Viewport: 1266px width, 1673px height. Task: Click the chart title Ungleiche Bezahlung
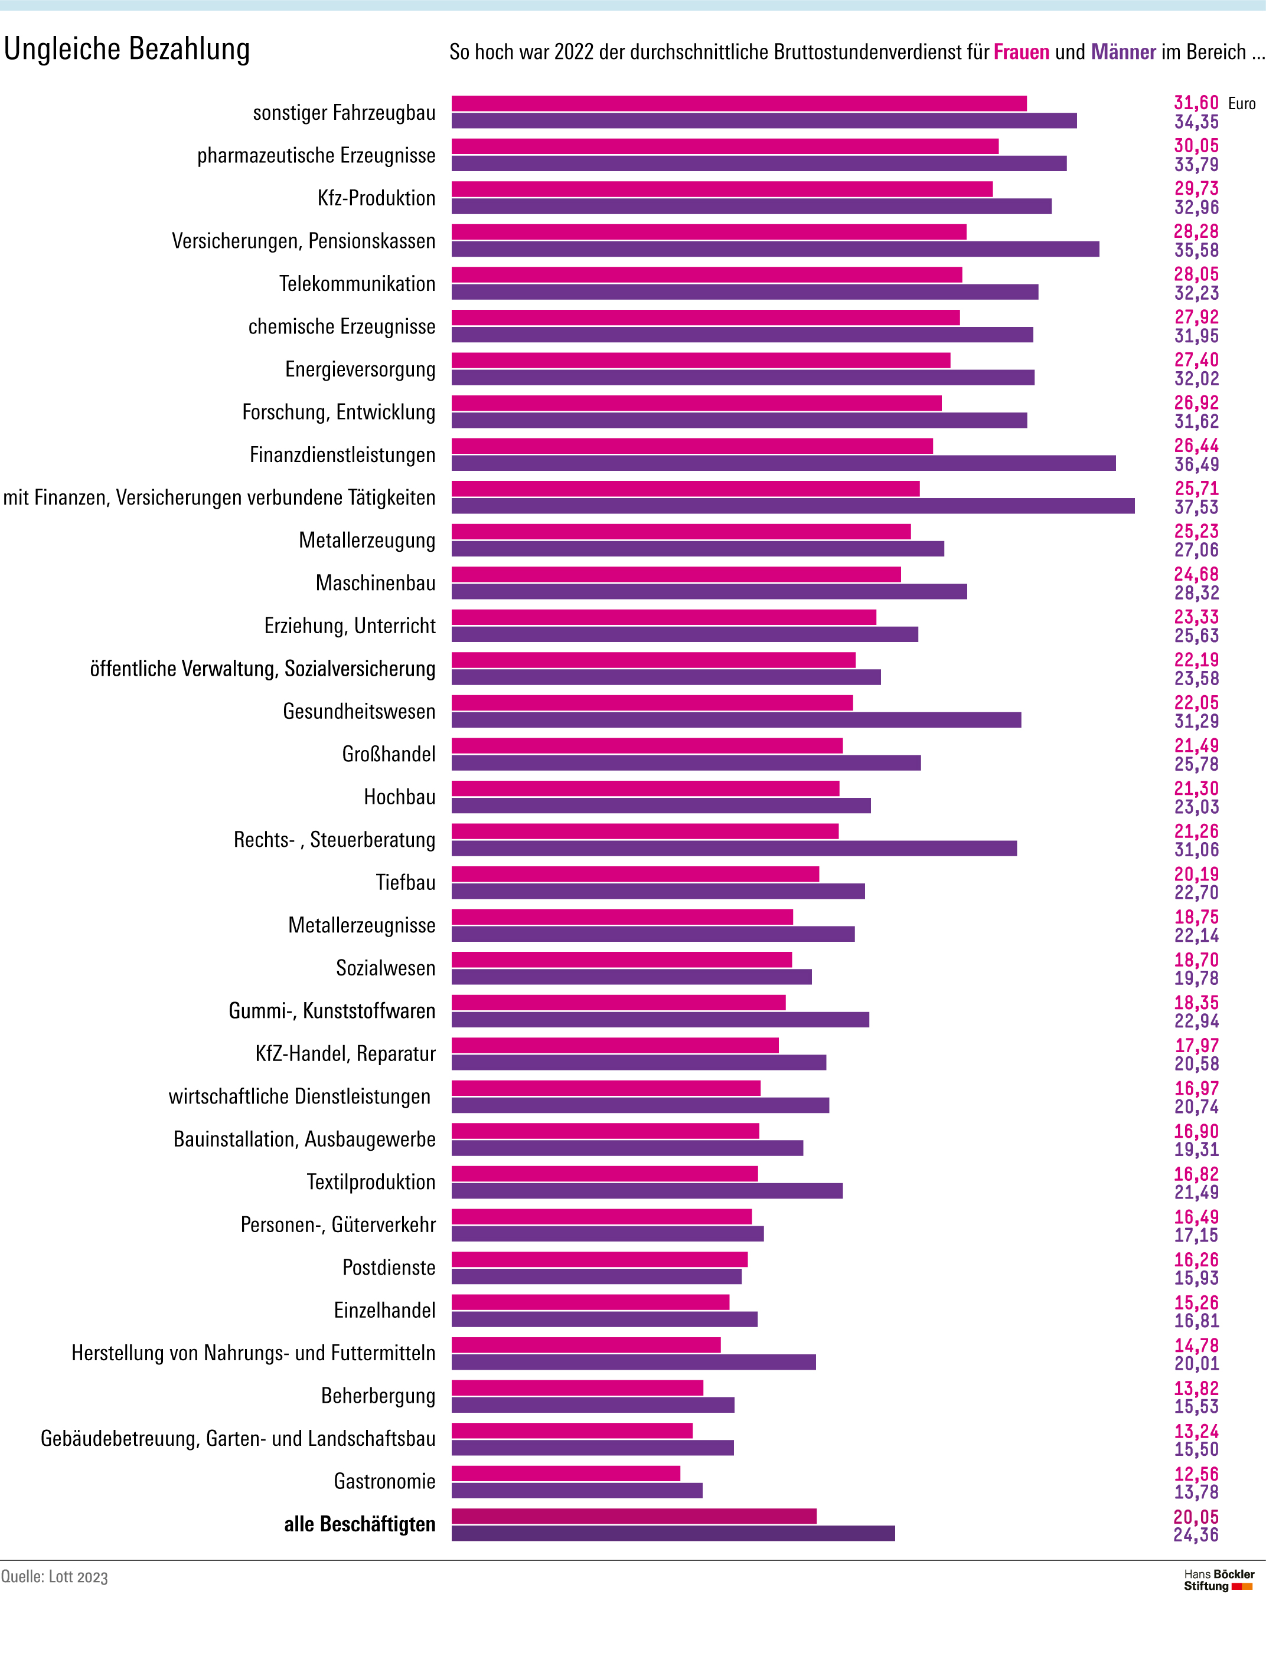[126, 49]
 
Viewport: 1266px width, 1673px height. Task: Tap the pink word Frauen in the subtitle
[1021, 52]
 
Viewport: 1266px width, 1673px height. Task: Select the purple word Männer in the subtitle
[1123, 52]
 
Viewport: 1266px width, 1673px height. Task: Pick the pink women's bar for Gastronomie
[566, 1474]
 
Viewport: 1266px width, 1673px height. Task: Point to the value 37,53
[1196, 508]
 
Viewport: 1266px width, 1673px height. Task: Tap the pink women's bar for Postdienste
[599, 1259]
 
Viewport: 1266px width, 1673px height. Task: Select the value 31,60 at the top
[1196, 103]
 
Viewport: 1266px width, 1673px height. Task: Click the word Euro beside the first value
[1242, 104]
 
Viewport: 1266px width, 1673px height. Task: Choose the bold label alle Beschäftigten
[360, 1524]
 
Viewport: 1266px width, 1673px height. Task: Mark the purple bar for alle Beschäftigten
[673, 1533]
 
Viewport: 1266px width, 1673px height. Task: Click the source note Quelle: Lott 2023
[54, 1577]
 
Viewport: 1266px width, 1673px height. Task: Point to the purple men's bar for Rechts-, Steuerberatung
[734, 849]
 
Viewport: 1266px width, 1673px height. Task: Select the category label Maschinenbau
[376, 583]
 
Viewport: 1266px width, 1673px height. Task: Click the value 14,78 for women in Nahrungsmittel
[1196, 1345]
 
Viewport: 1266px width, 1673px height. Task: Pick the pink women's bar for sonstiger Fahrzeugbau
[739, 104]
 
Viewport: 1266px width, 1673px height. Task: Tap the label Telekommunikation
[357, 284]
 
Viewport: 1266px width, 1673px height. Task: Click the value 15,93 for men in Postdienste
[1196, 1278]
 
